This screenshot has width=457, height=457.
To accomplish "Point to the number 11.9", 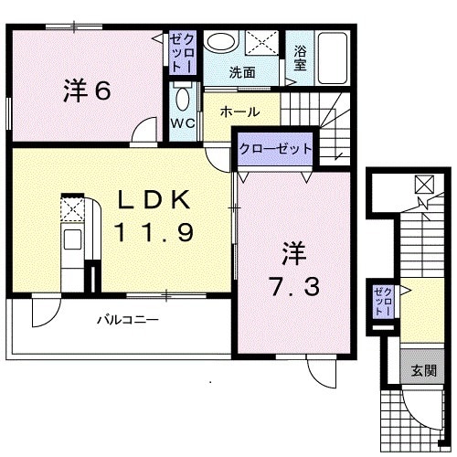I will [153, 233].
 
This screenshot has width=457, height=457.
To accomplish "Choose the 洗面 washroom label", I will [241, 73].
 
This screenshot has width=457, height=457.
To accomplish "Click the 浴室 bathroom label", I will [300, 58].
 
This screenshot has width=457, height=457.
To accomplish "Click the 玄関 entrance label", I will [423, 370].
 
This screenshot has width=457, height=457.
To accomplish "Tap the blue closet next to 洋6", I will [179, 53].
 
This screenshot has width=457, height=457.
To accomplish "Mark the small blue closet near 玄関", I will [382, 303].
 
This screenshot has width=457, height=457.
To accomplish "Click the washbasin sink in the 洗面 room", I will [218, 42].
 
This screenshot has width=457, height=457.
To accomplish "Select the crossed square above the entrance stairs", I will [425, 184].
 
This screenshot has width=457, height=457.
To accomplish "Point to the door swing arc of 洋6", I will [143, 133].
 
